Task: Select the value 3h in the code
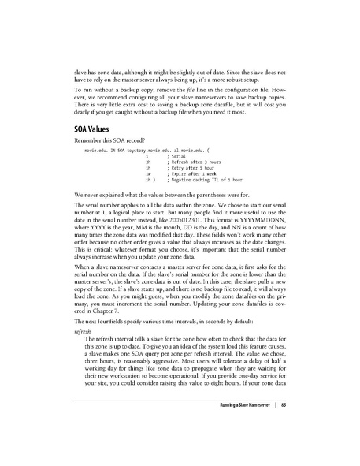tap(147, 163)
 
